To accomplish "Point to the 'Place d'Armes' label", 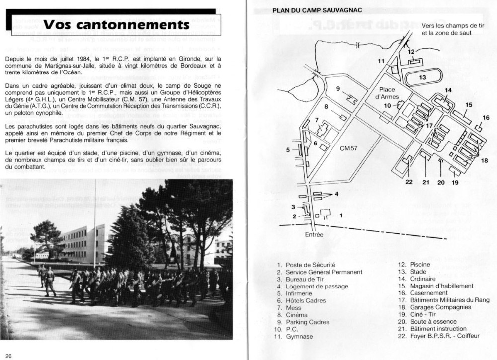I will (386, 93).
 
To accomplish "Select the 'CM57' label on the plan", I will (349, 148).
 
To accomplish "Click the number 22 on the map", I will (409, 182).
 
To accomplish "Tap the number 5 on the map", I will (288, 149).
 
